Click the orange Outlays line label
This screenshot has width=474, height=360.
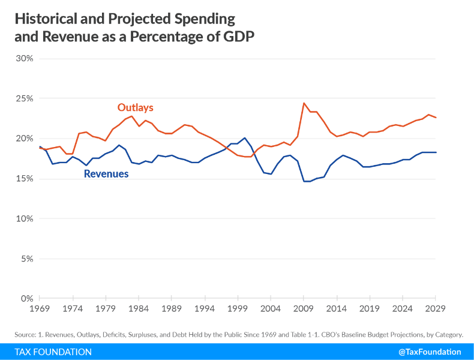pos(135,108)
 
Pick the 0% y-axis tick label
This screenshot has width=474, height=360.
pos(27,298)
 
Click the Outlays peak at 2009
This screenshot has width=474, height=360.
pos(304,103)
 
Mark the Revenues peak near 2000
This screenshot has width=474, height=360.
pos(244,138)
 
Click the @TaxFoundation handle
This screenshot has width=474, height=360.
pos(430,352)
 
